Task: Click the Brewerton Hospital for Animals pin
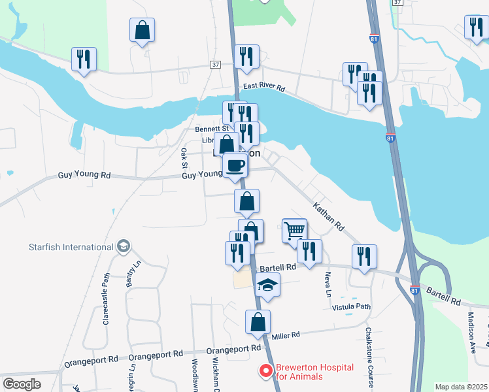pos(266,371)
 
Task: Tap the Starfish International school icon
pos(124,247)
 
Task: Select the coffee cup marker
pos(235,165)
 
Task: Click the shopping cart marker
pos(295,230)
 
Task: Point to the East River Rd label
pos(264,87)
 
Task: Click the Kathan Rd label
pos(328,216)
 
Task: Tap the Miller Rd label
pos(285,335)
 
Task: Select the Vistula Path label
pos(351,306)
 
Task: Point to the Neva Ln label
pos(328,283)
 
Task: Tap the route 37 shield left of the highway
pos(215,64)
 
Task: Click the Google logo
pos(22,384)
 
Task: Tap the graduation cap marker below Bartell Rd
pos(267,285)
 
